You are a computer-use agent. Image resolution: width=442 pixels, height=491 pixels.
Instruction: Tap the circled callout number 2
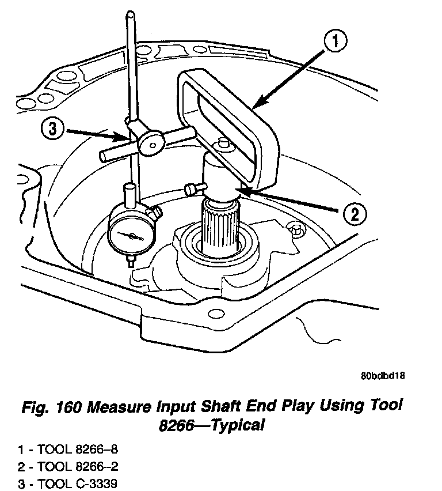353,214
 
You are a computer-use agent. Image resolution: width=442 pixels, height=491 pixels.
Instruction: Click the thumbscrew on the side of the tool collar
195,188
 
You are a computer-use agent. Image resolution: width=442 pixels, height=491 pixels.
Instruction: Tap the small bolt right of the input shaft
296,229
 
